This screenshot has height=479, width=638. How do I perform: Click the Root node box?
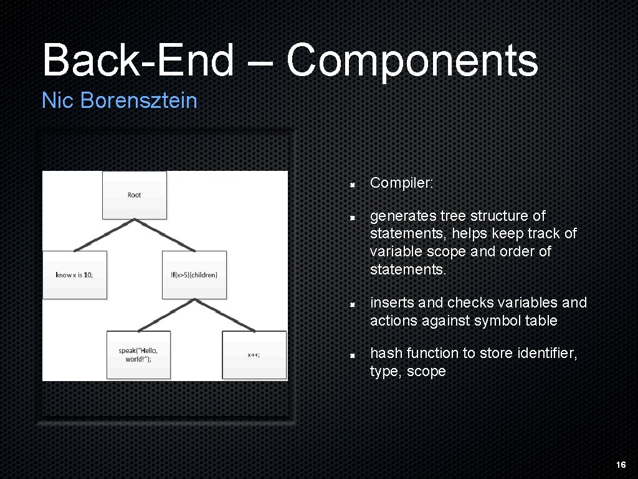tap(135, 195)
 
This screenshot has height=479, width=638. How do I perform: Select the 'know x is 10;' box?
tap(74, 274)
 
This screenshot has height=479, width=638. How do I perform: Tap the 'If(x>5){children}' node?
tap(194, 274)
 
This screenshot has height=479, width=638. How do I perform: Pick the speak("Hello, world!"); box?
tap(138, 354)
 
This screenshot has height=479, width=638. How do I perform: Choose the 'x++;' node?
tap(254, 354)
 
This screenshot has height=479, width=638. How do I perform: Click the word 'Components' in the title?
tap(412, 61)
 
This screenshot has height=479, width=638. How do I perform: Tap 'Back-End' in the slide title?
tap(136, 61)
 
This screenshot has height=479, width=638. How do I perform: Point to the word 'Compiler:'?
tap(401, 183)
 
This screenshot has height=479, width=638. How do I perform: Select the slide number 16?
tap(621, 465)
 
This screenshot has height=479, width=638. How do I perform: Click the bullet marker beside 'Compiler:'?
tap(352, 185)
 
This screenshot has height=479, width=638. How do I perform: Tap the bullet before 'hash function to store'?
tap(352, 354)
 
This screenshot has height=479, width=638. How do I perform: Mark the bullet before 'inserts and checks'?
tap(352, 304)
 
